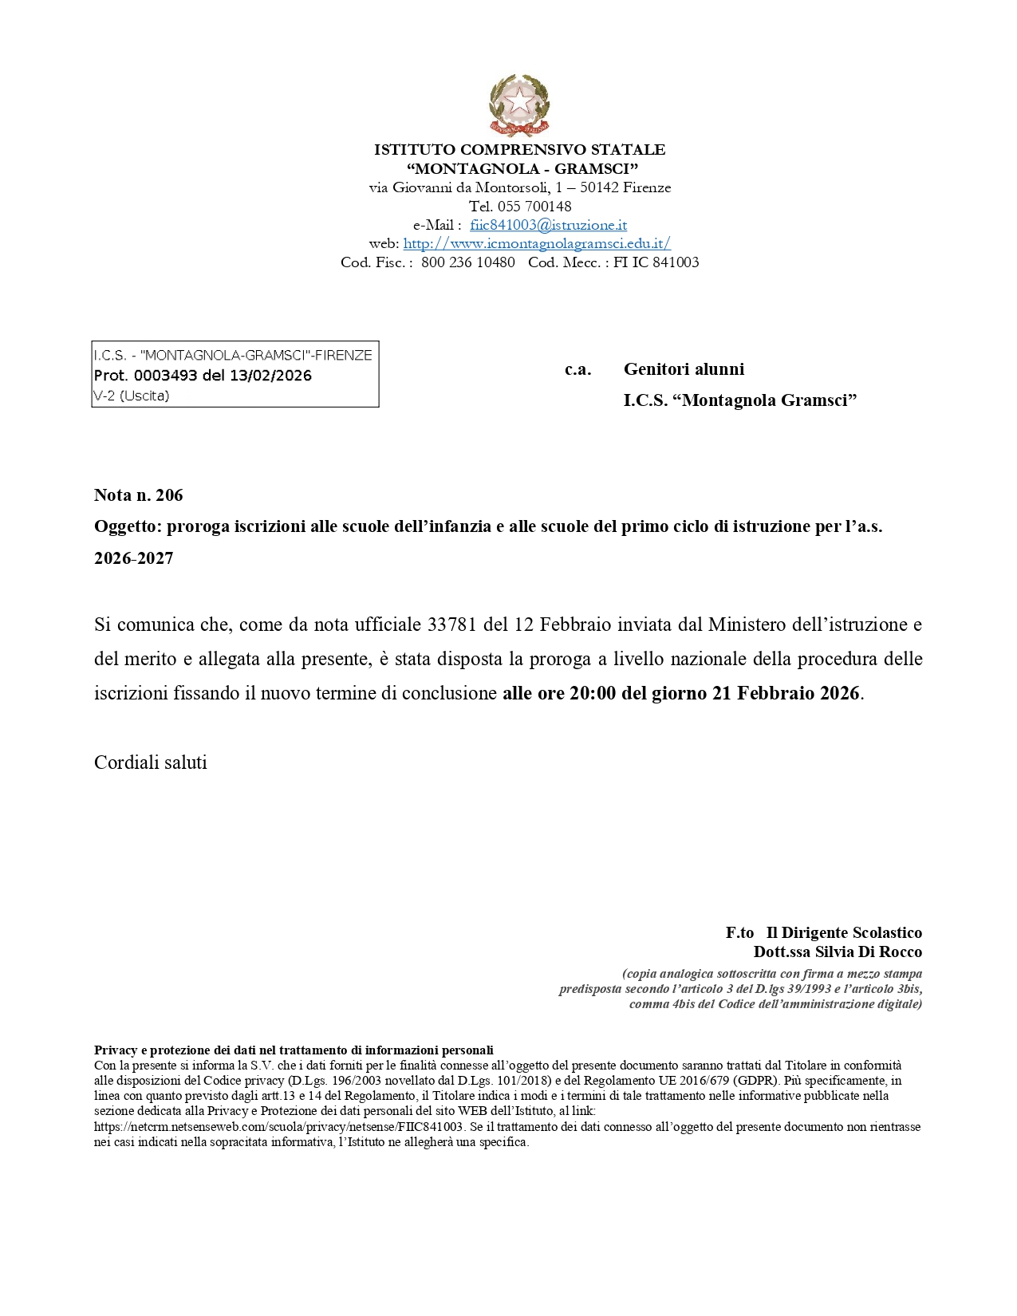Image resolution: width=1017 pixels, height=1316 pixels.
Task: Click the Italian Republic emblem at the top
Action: tap(519, 105)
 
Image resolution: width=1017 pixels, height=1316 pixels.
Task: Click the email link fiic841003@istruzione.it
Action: tap(548, 225)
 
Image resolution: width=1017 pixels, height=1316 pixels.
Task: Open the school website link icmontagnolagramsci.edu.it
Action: tap(537, 243)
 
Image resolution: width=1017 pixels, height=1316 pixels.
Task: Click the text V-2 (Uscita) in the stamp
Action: tap(132, 396)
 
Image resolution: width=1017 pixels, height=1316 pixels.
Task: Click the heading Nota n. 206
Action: tap(139, 495)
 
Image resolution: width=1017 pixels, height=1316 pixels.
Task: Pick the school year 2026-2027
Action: tap(134, 558)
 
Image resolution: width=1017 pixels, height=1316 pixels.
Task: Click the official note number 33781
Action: tap(452, 625)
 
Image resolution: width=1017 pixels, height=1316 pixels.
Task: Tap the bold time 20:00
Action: tap(593, 693)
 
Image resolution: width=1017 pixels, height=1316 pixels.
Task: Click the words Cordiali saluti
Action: tap(151, 762)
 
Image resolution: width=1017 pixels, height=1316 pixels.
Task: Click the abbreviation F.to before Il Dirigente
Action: tap(739, 932)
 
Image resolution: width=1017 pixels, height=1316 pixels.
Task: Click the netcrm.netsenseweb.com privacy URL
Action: tap(278, 1127)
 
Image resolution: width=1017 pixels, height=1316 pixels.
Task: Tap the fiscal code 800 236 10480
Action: tap(468, 262)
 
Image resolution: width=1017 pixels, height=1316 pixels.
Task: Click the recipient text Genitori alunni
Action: tap(684, 369)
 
